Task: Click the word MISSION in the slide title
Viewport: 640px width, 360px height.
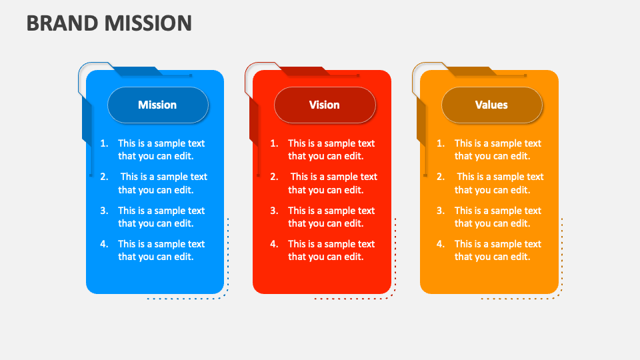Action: point(147,23)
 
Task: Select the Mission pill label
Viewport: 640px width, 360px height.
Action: point(157,105)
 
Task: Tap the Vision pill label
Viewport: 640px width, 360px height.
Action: point(325,105)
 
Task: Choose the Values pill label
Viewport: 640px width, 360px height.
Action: point(491,105)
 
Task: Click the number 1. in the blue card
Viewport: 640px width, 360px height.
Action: point(105,143)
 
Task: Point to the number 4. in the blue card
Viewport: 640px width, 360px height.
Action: point(105,244)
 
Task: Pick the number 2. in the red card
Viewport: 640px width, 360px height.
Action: point(274,177)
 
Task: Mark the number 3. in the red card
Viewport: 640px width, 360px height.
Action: point(274,211)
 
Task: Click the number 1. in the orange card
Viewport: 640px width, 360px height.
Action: point(441,143)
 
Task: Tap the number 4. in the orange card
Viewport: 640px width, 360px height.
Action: point(441,244)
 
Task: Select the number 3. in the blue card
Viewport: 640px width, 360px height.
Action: point(105,211)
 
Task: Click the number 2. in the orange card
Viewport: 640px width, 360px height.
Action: point(441,177)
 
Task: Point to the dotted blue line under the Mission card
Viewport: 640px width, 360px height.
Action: point(187,298)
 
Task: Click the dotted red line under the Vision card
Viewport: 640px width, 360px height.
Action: point(353,298)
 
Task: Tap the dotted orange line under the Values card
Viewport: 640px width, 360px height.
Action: point(521,298)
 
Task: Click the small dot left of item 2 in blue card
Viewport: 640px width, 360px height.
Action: point(91,175)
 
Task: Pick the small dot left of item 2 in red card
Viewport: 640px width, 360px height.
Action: point(258,175)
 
